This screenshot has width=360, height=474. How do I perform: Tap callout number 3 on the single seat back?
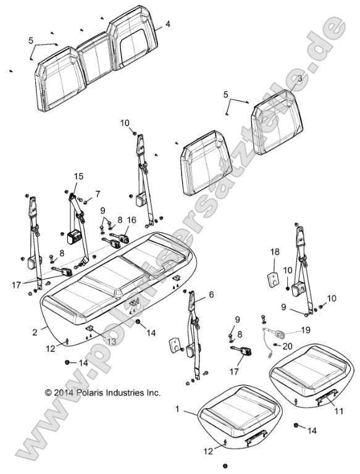tap(299, 79)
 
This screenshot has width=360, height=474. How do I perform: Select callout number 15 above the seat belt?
tap(78, 177)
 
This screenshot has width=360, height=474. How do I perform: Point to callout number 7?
tap(97, 194)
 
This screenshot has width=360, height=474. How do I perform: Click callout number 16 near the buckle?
tap(132, 219)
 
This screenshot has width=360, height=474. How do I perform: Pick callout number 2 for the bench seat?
tap(35, 332)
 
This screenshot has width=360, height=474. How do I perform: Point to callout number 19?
tap(306, 330)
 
